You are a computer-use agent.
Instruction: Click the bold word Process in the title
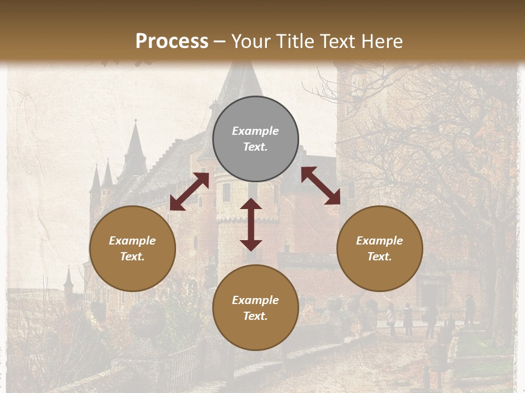coord(172,41)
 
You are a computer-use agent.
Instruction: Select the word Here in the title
coord(382,41)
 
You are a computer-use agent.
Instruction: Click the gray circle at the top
coord(255,139)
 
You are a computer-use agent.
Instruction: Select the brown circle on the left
coord(132,248)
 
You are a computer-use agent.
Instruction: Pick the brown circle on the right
coord(380,248)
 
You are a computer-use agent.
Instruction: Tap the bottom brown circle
coord(255,308)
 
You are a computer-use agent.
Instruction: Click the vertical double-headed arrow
coord(251,224)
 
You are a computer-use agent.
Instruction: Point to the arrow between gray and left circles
coord(189,192)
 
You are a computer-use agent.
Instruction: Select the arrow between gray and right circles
coord(320,186)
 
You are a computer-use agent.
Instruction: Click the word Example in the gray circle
coord(255,131)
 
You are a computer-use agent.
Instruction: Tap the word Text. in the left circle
coord(132,257)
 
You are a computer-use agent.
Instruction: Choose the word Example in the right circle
coord(380,241)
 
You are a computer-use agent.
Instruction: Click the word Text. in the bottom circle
coord(255,316)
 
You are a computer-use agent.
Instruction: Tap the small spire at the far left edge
coord(68,279)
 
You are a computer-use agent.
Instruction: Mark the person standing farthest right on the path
coord(470,308)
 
